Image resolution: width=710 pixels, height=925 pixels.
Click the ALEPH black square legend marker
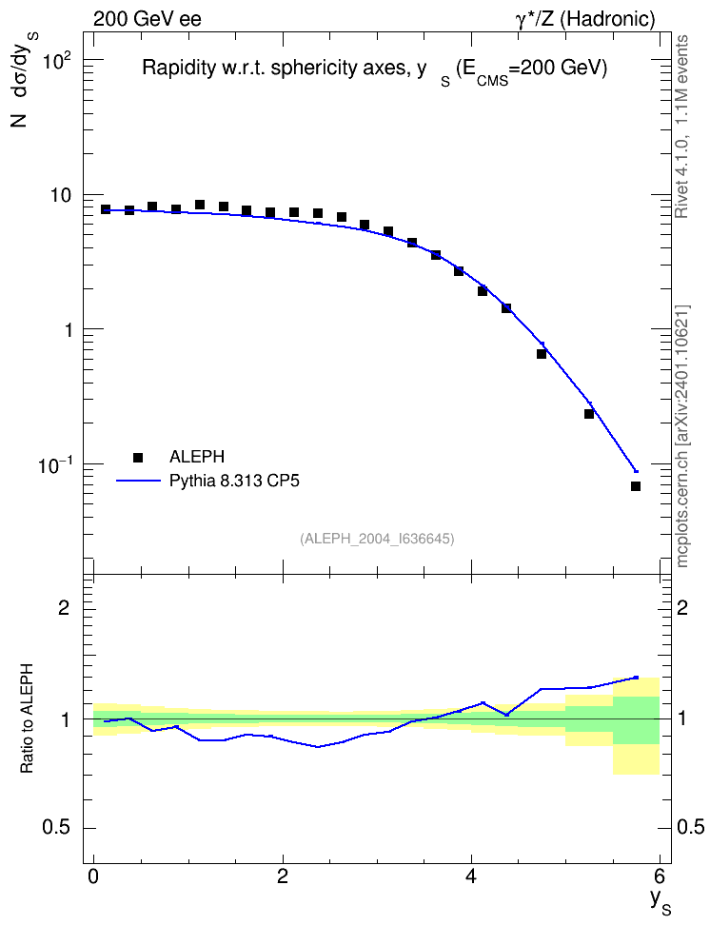[x=138, y=457]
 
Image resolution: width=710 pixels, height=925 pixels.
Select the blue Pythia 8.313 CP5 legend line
[x=139, y=482]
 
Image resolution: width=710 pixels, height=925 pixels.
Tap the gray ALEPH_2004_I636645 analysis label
[x=377, y=539]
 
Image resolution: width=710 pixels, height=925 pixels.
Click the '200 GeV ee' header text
[x=147, y=19]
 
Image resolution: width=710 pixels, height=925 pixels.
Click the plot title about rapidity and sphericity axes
[x=375, y=70]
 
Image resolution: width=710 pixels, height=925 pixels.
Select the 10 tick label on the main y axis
[x=58, y=195]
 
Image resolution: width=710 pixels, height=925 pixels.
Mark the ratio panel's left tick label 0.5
[x=56, y=828]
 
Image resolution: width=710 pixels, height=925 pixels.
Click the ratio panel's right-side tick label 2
[x=682, y=607]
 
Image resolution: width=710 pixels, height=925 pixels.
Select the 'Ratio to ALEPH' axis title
[x=27, y=718]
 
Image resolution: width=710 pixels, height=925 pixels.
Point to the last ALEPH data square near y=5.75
[x=636, y=486]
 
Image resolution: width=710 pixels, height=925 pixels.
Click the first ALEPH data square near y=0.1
[x=106, y=208]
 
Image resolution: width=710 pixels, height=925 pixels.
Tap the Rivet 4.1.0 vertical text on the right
[x=681, y=127]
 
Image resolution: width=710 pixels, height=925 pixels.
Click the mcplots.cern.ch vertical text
[x=682, y=436]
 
